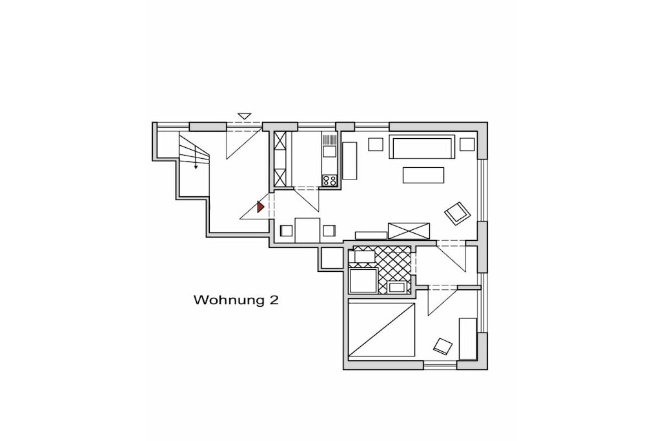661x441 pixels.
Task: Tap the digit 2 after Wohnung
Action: coord(274,300)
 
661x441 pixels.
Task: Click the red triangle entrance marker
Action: coord(261,207)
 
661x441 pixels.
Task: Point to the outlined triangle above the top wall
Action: coord(245,116)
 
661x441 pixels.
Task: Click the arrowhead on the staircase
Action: coord(196,167)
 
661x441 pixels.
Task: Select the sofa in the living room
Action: coord(422,147)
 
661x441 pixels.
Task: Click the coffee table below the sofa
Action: coord(423,175)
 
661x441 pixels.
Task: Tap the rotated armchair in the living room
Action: coord(457,213)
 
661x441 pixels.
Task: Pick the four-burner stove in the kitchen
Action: coord(329,180)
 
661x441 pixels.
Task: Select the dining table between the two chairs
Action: coord(307,231)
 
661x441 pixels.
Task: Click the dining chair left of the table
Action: coord(286,231)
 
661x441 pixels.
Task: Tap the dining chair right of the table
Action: coord(329,231)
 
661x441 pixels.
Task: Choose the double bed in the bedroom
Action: coord(381,330)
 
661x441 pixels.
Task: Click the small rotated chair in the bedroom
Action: coord(443,346)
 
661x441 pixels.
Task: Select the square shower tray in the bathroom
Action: coord(363,280)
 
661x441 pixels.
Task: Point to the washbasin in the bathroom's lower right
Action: coord(398,287)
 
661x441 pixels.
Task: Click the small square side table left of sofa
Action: coord(375,144)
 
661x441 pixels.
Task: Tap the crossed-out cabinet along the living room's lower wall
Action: coord(409,231)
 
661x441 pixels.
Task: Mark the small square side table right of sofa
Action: coord(467,144)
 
